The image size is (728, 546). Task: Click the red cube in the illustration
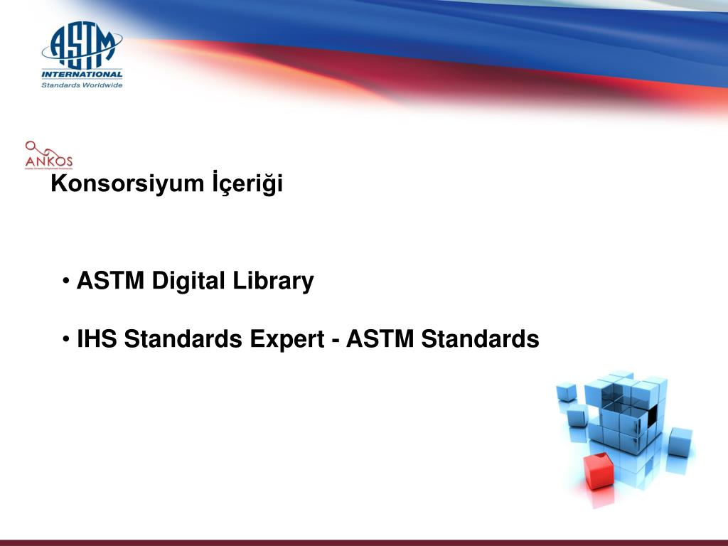click(x=599, y=471)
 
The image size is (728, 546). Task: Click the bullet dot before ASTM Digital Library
click(x=67, y=282)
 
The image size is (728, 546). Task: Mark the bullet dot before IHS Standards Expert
click(x=67, y=341)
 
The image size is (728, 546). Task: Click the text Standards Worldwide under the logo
click(x=82, y=85)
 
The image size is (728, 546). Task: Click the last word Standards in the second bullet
click(x=480, y=340)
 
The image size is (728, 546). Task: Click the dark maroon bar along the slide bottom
click(x=364, y=542)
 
